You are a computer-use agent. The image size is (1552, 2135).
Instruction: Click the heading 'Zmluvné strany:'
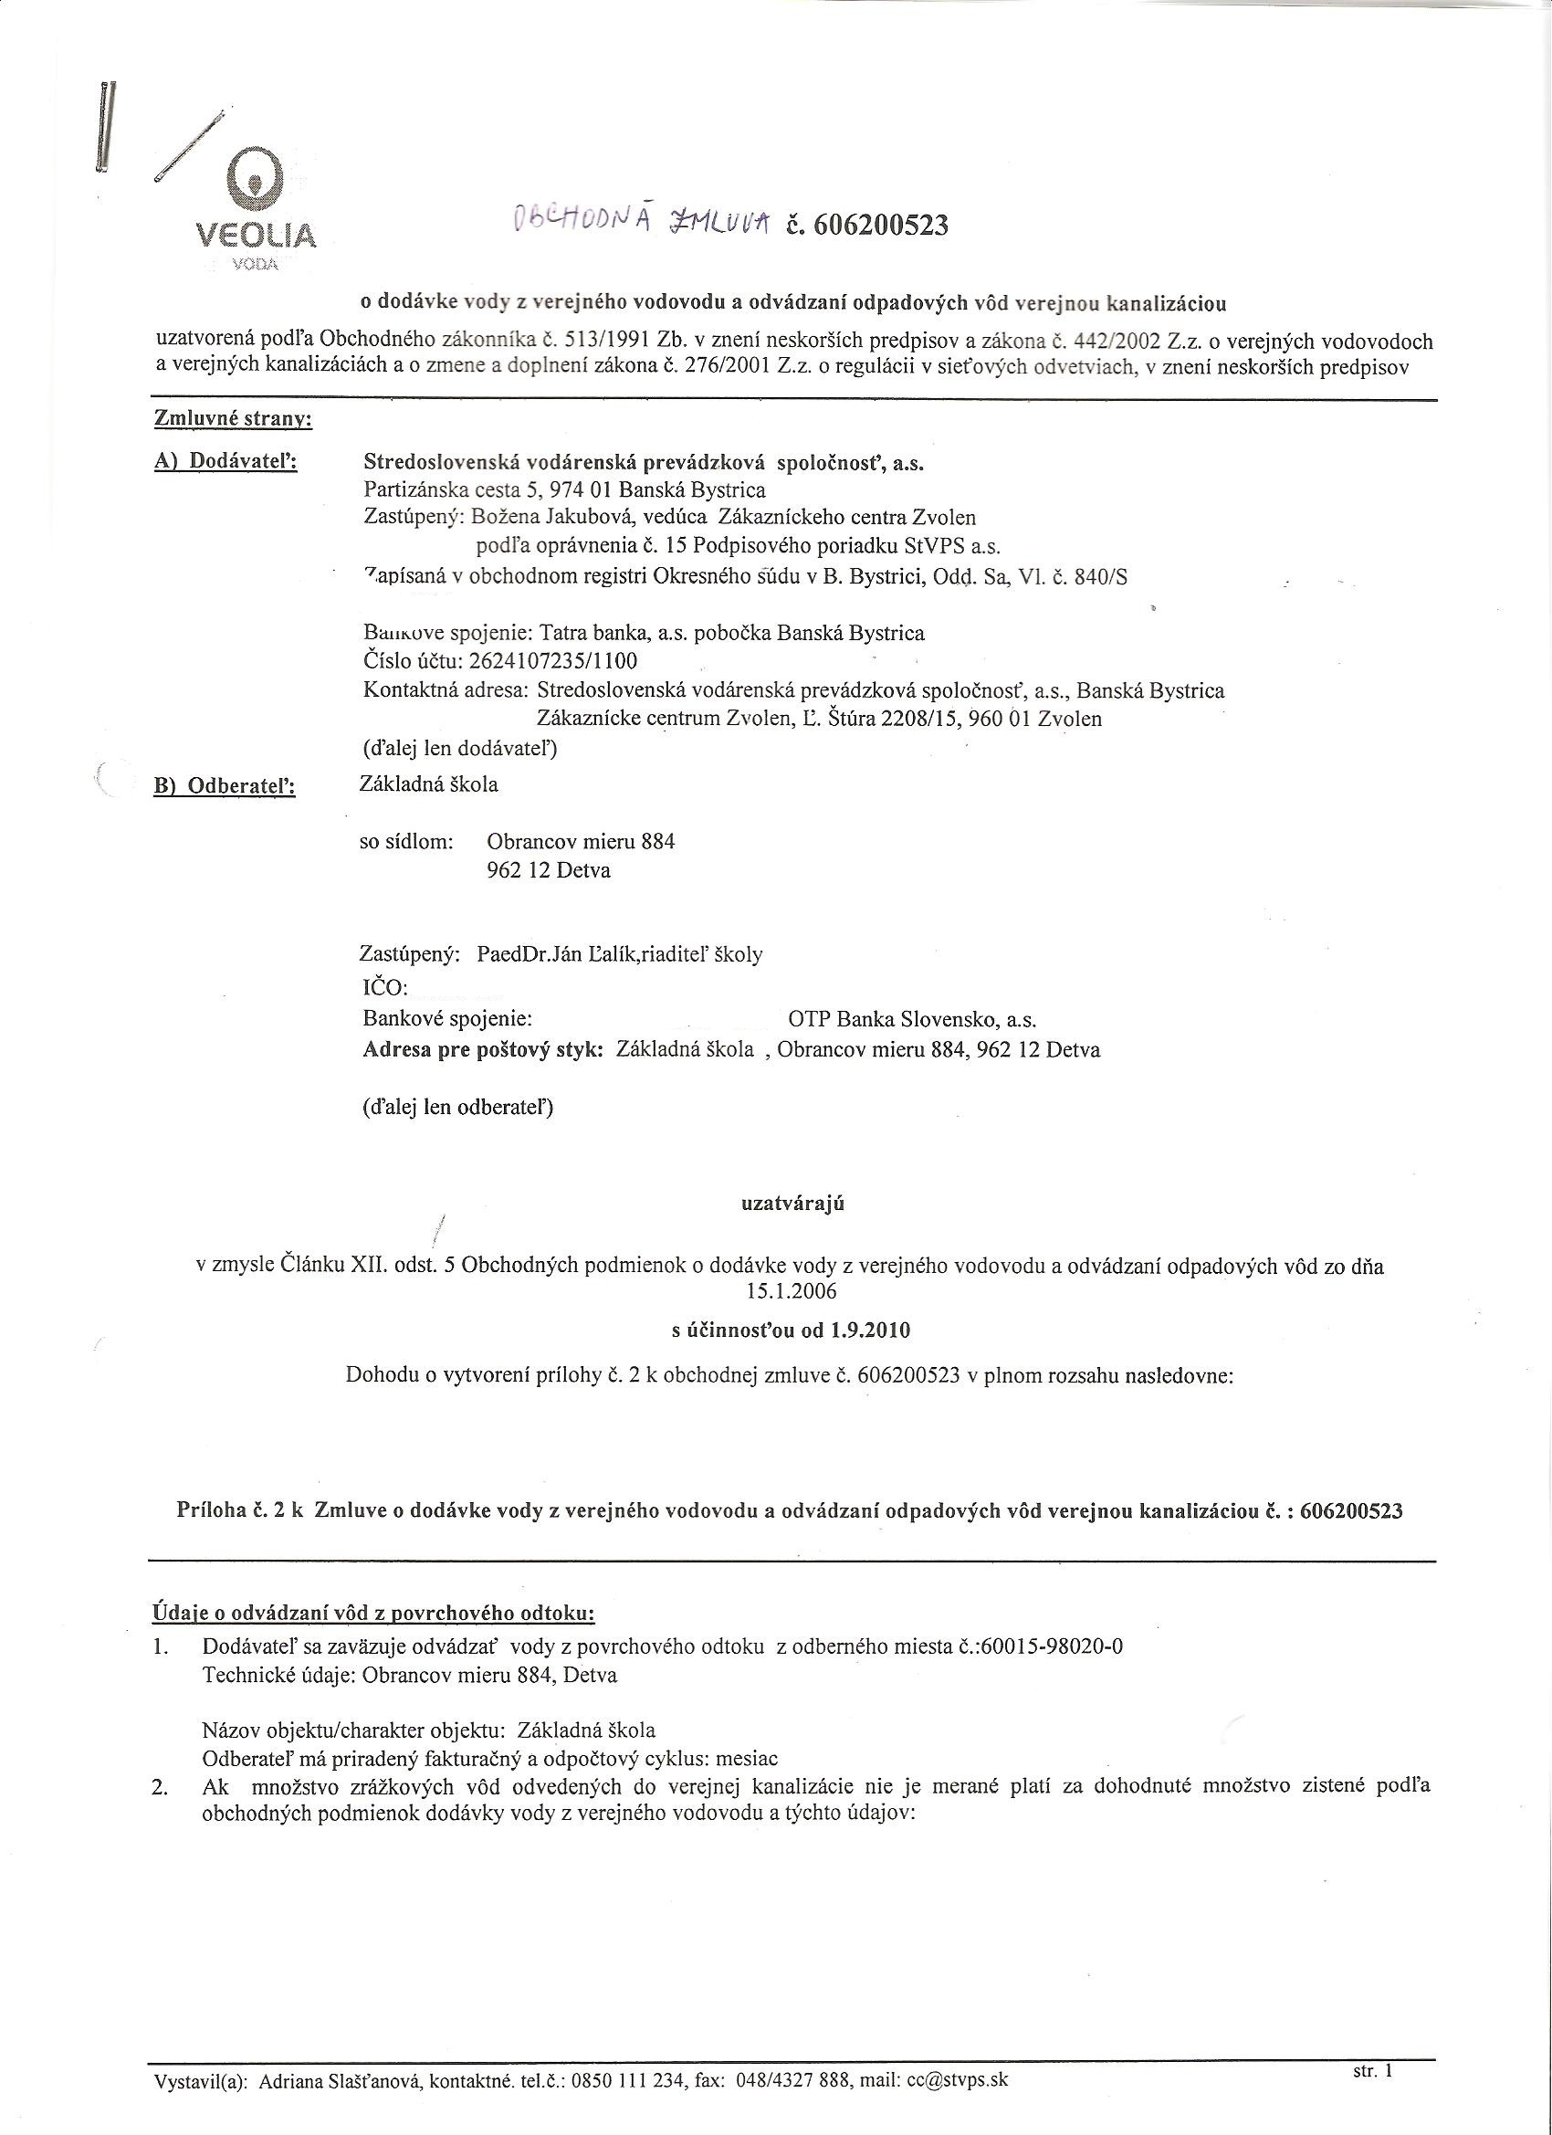(233, 421)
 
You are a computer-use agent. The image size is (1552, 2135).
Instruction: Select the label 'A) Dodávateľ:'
(225, 463)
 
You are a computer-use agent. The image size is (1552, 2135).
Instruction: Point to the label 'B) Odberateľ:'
(224, 786)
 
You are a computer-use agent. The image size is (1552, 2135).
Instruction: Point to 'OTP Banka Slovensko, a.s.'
(912, 1019)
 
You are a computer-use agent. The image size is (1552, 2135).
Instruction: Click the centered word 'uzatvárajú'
(792, 1204)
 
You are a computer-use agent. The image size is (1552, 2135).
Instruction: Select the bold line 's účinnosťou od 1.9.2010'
(791, 1330)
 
